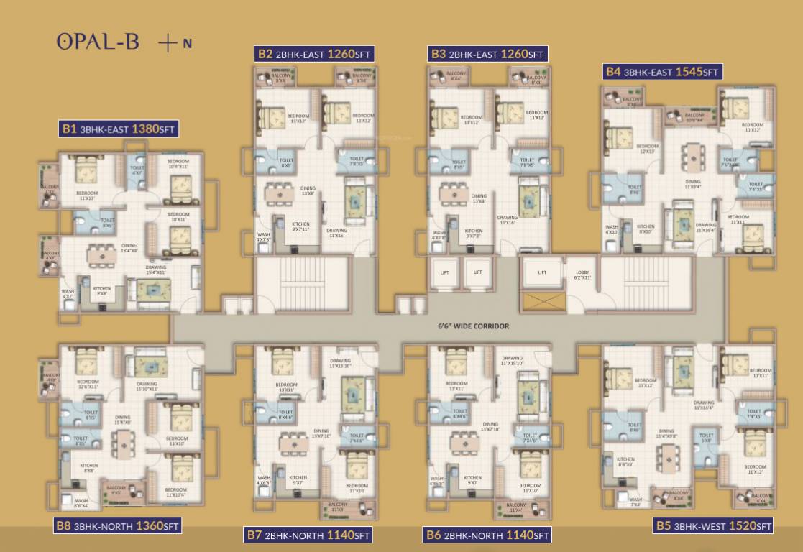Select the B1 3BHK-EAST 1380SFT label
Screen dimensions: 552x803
[x=118, y=129]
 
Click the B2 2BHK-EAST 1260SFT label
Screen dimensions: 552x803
[x=315, y=53]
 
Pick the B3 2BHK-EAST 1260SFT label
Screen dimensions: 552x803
[x=487, y=53]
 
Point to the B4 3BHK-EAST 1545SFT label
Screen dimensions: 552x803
[x=661, y=72]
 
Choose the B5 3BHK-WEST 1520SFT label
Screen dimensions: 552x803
[x=714, y=525]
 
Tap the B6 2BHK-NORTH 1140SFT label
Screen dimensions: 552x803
[x=487, y=535]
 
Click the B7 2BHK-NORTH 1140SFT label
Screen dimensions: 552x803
[x=308, y=535]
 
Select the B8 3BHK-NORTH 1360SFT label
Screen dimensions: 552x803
[x=117, y=525]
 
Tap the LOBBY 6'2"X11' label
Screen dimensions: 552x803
[x=582, y=275]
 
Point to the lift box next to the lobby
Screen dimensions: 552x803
[x=542, y=273]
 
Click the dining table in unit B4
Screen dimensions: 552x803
[x=692, y=155]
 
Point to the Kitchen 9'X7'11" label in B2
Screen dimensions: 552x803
[x=300, y=226]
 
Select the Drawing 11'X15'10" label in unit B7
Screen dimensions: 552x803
[x=340, y=363]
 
